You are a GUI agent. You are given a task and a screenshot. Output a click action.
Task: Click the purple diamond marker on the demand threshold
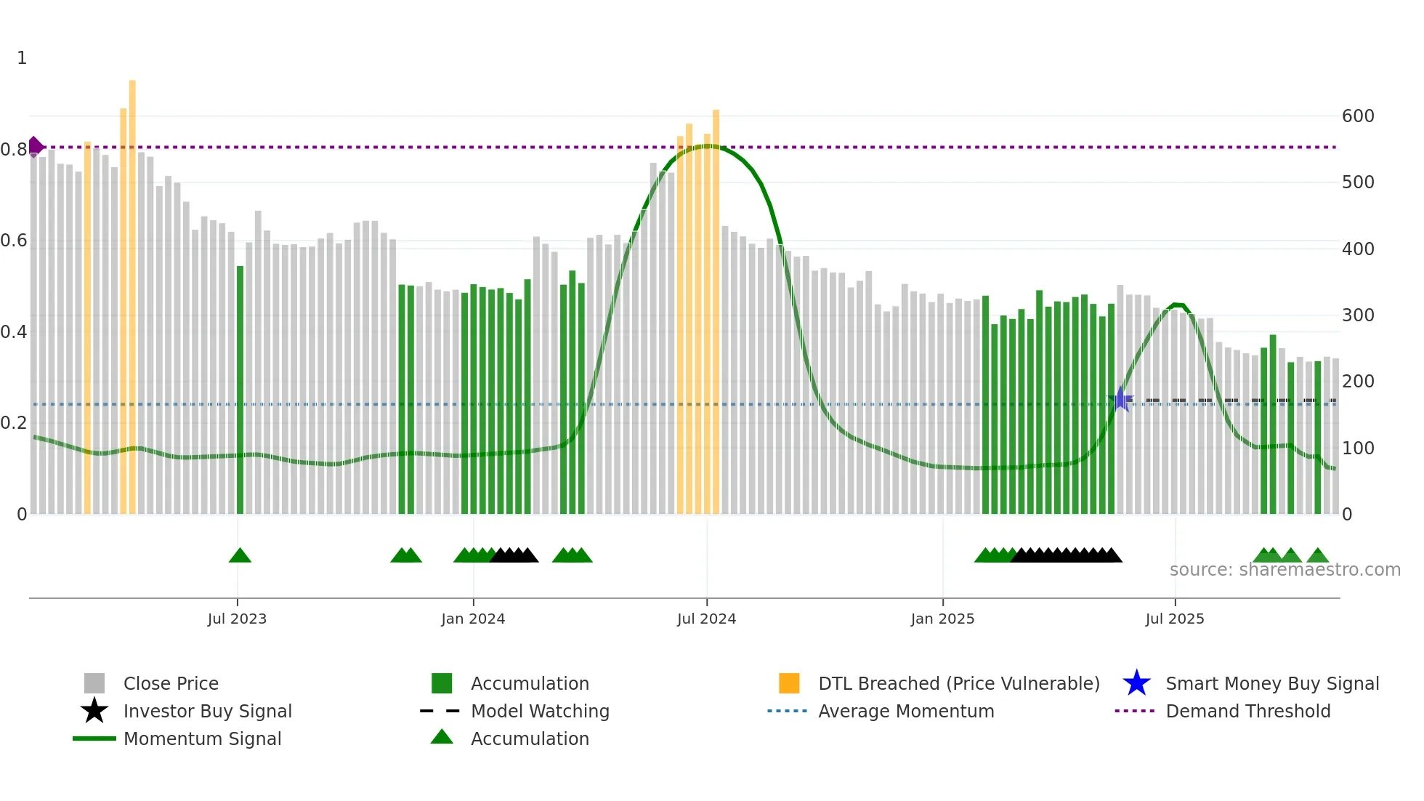[35, 147]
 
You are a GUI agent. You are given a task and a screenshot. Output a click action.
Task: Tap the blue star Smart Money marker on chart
[1121, 399]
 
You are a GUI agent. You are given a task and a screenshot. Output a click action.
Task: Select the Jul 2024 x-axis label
[706, 619]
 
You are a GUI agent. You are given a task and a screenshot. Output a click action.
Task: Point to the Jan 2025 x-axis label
[942, 619]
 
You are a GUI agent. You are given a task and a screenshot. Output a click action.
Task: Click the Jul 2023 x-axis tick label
[237, 619]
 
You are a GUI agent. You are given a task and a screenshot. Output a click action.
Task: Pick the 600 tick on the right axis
[1357, 116]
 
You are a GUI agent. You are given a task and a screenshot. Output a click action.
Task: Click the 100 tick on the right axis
[1357, 448]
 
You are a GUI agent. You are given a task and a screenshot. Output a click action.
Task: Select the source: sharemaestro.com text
[1285, 570]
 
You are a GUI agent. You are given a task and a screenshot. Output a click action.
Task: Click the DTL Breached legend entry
[958, 684]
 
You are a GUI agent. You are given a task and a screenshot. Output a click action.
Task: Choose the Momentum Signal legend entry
[202, 739]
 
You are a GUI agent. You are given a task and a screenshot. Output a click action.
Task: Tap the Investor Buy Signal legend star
[94, 711]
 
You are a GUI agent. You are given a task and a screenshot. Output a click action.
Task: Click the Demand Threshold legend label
[1247, 712]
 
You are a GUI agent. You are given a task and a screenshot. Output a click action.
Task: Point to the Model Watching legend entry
[540, 712]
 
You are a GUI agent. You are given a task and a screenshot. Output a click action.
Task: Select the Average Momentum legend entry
[905, 712]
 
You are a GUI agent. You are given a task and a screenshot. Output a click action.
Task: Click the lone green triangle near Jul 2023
[240, 556]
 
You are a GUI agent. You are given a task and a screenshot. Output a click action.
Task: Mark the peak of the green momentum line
[707, 146]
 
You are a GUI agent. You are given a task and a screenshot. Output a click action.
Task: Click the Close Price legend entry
[171, 684]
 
